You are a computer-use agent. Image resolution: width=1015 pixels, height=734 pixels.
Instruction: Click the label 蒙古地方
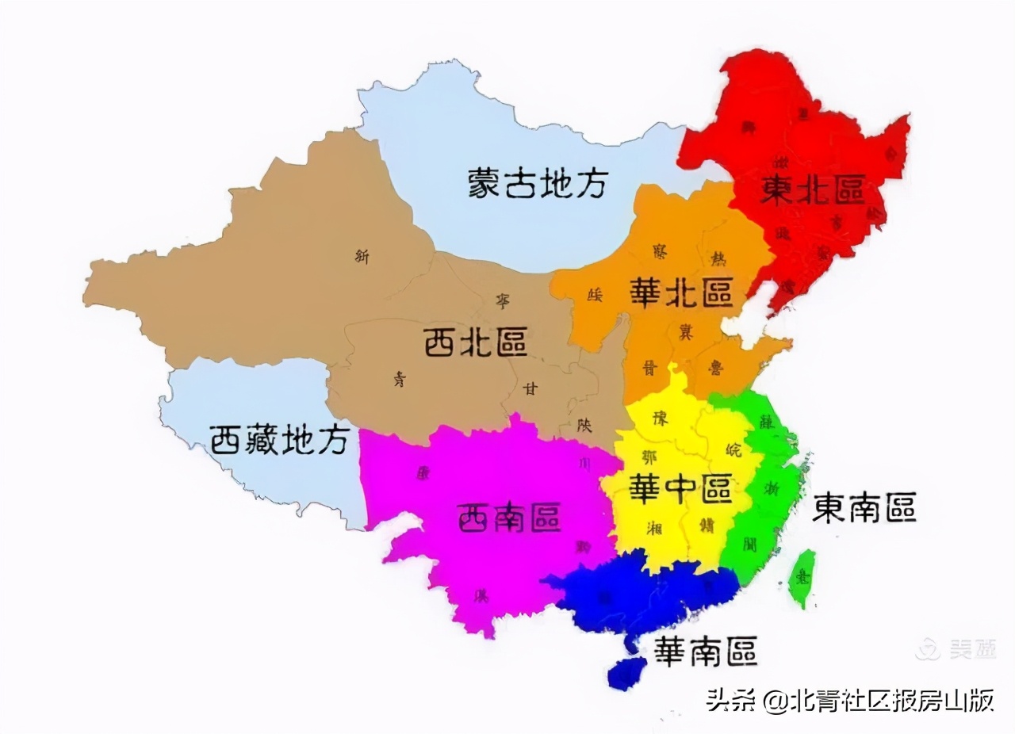537,183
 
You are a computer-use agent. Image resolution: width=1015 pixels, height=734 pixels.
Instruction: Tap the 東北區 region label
812,190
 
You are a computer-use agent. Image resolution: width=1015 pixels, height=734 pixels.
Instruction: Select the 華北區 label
680,292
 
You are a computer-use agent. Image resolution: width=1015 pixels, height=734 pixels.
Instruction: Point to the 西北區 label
475,343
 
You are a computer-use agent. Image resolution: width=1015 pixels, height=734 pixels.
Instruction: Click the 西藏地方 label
279,439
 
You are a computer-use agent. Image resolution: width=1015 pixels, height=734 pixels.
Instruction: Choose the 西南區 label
509,519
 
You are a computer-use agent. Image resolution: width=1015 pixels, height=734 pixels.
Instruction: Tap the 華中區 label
680,489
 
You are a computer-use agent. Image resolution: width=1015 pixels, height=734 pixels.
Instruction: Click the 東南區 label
864,508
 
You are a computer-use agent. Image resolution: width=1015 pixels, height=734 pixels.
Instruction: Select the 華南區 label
704,651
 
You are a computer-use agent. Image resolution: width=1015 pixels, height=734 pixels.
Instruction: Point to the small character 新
362,255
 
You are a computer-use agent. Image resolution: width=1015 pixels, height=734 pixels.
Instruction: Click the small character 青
398,379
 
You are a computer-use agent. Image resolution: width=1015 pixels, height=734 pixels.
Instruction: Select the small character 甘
529,388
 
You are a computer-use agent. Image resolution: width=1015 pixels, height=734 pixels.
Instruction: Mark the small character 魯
714,366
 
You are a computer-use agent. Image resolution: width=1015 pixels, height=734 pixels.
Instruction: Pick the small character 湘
655,527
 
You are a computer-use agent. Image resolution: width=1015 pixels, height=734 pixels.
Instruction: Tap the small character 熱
717,258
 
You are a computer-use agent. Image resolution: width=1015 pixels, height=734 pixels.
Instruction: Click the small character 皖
733,449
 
